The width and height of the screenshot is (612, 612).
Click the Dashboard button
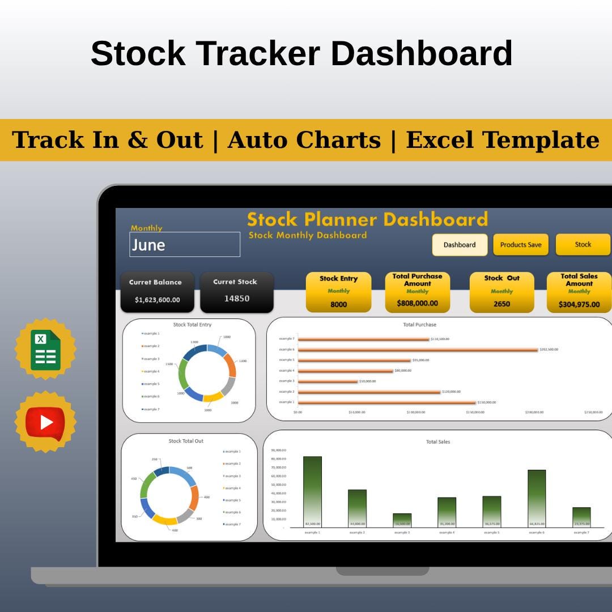pyautogui.click(x=460, y=245)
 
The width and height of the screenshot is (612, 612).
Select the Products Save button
pyautogui.click(x=520, y=245)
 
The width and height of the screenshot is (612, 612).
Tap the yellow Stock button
pyautogui.click(x=583, y=244)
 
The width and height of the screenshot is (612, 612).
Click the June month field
pyautogui.click(x=185, y=245)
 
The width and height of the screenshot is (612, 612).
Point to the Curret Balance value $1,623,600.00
pyautogui.click(x=157, y=300)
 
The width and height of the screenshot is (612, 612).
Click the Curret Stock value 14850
pyautogui.click(x=236, y=299)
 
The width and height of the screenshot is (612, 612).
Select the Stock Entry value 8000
pyautogui.click(x=338, y=304)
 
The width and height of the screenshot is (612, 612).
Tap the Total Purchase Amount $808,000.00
pyautogui.click(x=417, y=303)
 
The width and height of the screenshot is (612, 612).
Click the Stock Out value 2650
pyautogui.click(x=501, y=304)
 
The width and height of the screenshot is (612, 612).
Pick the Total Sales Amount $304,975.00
pyautogui.click(x=579, y=304)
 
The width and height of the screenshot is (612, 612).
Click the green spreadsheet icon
pyautogui.click(x=45, y=350)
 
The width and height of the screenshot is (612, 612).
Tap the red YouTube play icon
pyautogui.click(x=45, y=422)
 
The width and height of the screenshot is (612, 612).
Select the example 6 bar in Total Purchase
pyautogui.click(x=418, y=350)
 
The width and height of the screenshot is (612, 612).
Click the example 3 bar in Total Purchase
pyautogui.click(x=328, y=381)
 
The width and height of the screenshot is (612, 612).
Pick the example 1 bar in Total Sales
pyautogui.click(x=312, y=491)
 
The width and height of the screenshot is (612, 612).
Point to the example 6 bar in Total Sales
pyautogui.click(x=537, y=498)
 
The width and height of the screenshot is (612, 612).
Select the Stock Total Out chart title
pyautogui.click(x=186, y=441)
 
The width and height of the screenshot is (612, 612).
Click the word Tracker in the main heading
pyautogui.click(x=258, y=54)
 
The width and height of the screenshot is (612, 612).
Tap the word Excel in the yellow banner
pyautogui.click(x=445, y=140)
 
